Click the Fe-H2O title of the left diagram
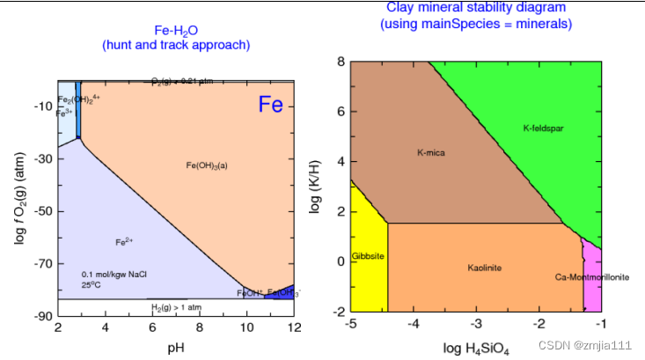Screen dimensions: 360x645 pos(175,30)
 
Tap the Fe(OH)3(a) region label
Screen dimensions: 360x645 pos(207,165)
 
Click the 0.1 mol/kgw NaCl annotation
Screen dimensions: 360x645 pos(114,275)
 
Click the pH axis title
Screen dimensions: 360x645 pos(175,350)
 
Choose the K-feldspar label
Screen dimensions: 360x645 pos(543,129)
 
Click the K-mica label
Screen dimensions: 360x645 pos(430,153)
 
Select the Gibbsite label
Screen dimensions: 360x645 pos(368,256)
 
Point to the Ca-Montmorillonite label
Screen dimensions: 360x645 pos(592,277)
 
